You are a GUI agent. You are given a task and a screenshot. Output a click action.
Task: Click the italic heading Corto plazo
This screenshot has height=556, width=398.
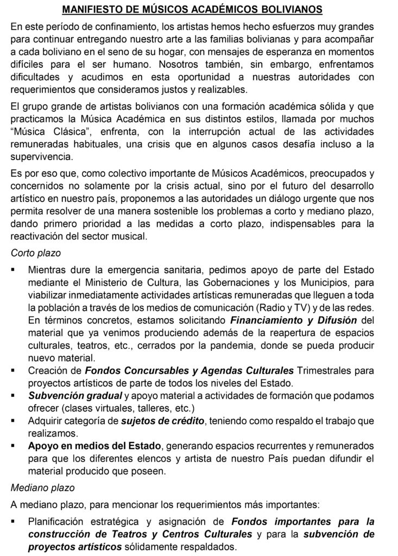pyautogui.click(x=36, y=254)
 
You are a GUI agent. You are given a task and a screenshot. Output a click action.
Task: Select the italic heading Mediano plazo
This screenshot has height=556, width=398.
pyautogui.click(x=42, y=488)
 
